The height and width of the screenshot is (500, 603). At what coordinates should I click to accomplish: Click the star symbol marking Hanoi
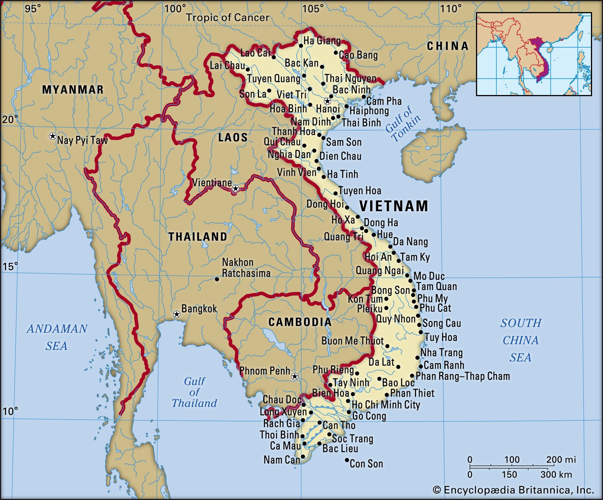coord(328,101)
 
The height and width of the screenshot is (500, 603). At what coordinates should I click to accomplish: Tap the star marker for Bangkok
coord(176,314)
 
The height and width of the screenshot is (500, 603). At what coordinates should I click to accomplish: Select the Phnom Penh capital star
coord(295,376)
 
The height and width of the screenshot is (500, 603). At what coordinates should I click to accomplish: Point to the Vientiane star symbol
coord(236,188)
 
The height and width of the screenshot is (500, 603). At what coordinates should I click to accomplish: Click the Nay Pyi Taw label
coord(82,140)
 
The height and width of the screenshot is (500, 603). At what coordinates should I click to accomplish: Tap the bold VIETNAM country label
coord(393,206)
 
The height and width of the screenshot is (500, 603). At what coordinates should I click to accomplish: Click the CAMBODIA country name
coord(300,322)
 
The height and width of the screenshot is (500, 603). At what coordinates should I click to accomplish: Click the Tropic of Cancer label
coord(228,17)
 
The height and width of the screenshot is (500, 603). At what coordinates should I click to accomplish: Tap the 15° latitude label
coord(10,267)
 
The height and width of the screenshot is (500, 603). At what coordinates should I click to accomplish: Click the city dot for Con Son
coord(347,460)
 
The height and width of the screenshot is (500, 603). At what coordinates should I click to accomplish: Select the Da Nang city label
coord(410,242)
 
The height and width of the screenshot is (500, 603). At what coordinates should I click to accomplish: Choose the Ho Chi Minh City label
coord(386,405)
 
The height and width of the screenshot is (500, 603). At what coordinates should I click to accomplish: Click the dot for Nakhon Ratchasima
coord(217,279)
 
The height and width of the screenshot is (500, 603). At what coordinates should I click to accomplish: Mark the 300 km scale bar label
coord(556,474)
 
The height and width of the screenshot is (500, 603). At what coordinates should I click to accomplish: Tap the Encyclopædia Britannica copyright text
coord(513,490)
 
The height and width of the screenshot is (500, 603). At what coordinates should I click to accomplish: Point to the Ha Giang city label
coord(322,41)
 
